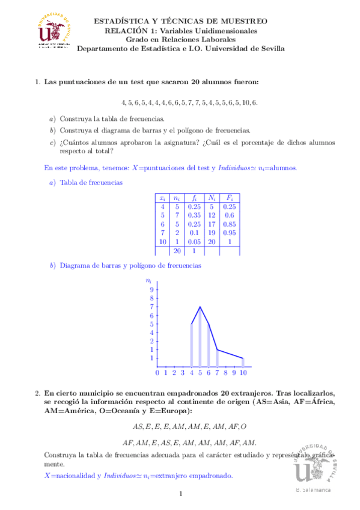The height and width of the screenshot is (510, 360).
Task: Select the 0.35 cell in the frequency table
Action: pyautogui.click(x=194, y=214)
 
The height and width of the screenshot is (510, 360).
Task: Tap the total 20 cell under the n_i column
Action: pyautogui.click(x=177, y=251)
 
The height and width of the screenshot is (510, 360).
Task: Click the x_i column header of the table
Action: pyautogui.click(x=162, y=197)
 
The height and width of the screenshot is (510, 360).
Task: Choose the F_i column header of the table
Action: pyautogui.click(x=229, y=197)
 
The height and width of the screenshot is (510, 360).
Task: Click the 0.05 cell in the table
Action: pyautogui.click(x=194, y=241)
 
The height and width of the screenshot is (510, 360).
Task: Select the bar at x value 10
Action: pyautogui.click(x=243, y=362)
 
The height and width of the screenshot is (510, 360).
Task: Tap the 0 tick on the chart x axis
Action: pyautogui.click(x=157, y=373)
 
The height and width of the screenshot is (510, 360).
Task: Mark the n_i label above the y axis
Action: pyautogui.click(x=149, y=280)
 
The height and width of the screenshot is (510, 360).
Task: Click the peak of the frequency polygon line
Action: pyautogui.click(x=200, y=307)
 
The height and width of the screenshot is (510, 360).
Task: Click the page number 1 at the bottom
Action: pyautogui.click(x=180, y=494)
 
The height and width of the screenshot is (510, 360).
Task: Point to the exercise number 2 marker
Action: pyautogui.click(x=37, y=392)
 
